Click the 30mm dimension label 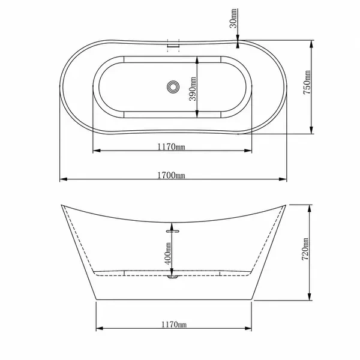click(233, 18)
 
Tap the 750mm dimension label click(307, 82)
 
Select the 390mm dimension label click(193, 89)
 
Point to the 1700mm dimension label click(171, 175)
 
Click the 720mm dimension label click(305, 249)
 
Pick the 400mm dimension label click(168, 253)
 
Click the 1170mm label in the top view click(171, 146)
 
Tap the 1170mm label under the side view click(174, 325)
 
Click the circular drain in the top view click(173, 87)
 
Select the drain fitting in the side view click(172, 277)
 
